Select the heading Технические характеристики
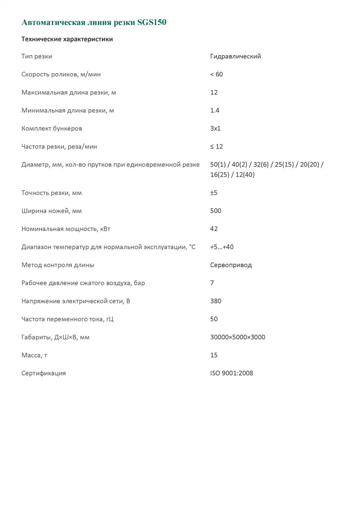click(x=67, y=39)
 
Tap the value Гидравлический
click(x=235, y=56)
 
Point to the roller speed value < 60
click(x=216, y=74)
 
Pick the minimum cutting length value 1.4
click(x=215, y=110)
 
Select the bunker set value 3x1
click(x=216, y=128)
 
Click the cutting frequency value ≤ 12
click(x=216, y=146)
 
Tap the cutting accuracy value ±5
click(x=214, y=192)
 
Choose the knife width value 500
click(x=216, y=210)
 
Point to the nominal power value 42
click(x=214, y=229)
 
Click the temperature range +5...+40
click(x=222, y=247)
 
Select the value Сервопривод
click(x=231, y=265)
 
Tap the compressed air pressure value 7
click(x=212, y=283)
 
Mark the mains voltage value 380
click(x=216, y=301)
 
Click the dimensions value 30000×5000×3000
click(x=238, y=337)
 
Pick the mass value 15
click(x=214, y=355)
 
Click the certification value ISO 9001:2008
click(x=232, y=373)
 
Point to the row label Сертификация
click(x=43, y=373)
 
